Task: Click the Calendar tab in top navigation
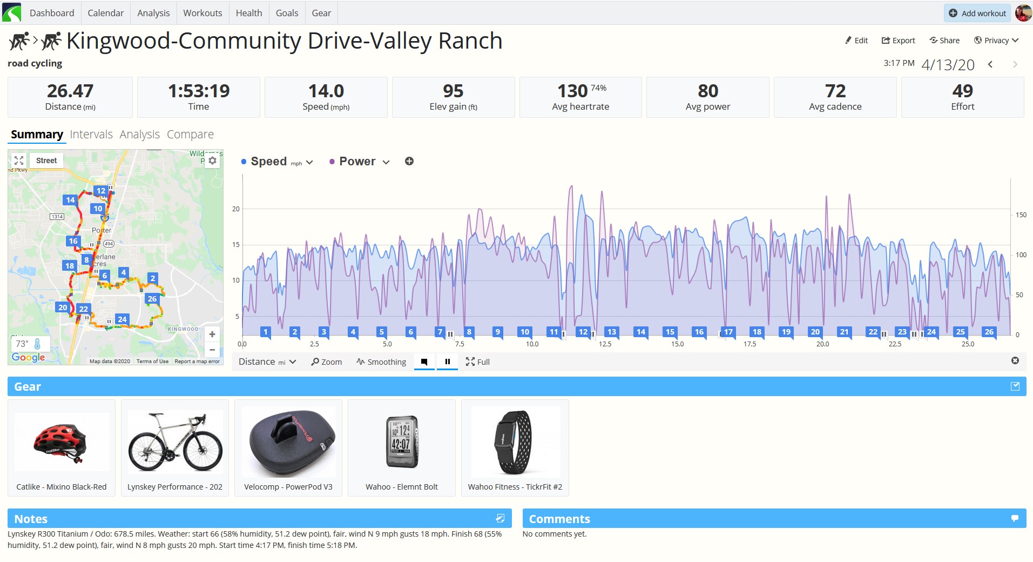coord(105,13)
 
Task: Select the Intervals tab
coord(91,134)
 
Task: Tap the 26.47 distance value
coord(70,90)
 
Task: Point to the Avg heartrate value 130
coord(572,90)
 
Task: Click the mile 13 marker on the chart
coord(611,332)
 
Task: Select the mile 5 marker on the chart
coord(382,332)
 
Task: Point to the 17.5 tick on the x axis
coord(750,344)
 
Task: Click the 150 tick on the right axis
coord(1021,215)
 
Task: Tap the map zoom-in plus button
coord(212,334)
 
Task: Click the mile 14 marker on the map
coord(70,200)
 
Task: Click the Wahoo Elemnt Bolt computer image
coord(402,441)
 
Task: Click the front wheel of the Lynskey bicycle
coord(203,451)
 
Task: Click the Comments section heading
coord(559,519)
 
